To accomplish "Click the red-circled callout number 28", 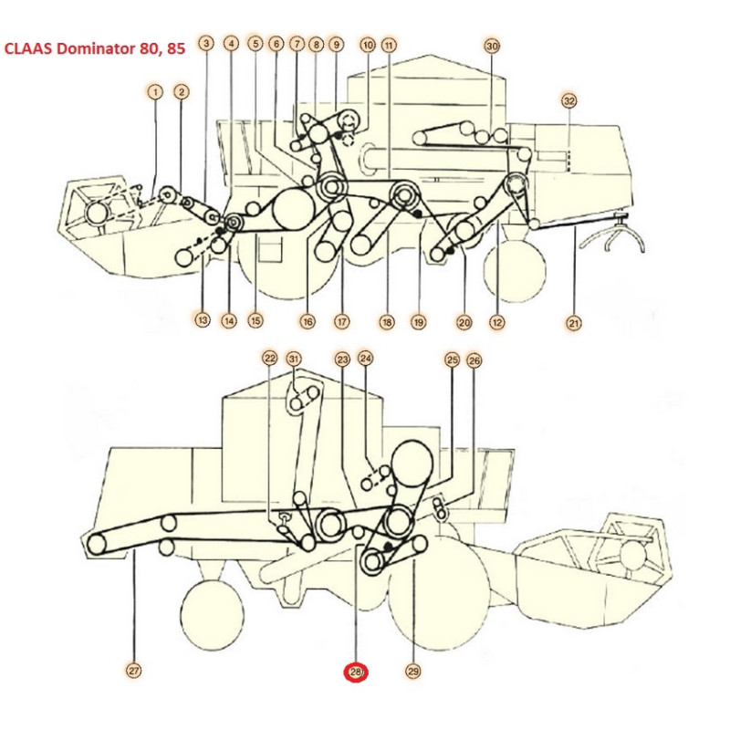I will click(x=355, y=673).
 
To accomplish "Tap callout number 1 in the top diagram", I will click(x=156, y=91).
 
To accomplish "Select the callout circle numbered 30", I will click(x=492, y=46).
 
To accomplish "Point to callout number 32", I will click(x=570, y=100).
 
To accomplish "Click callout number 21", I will click(x=574, y=321).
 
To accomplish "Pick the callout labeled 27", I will click(x=134, y=671).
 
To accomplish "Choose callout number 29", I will click(x=413, y=672).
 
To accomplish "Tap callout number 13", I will click(x=202, y=319).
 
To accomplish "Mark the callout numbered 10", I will click(x=368, y=45).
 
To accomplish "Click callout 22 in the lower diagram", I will click(x=269, y=359).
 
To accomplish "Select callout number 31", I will click(x=293, y=359).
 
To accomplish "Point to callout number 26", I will click(x=474, y=360).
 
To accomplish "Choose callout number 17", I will click(x=342, y=321).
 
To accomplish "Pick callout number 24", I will click(x=365, y=359).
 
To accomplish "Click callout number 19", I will click(x=419, y=321).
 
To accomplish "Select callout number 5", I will click(x=255, y=44).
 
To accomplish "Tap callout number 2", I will click(x=182, y=91).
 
